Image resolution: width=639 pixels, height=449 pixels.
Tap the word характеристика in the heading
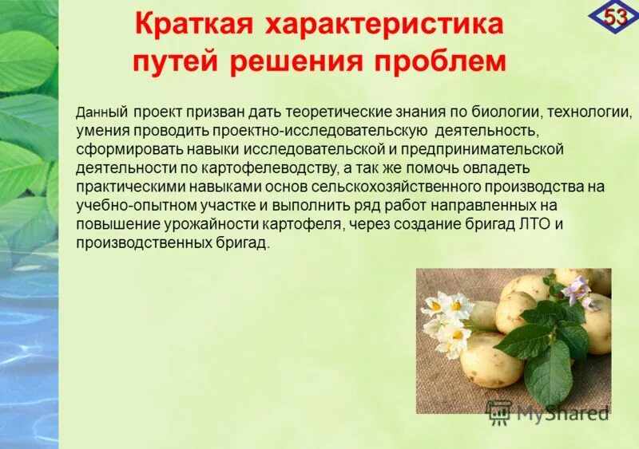(x=384, y=23)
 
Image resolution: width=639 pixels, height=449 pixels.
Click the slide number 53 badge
(x=613, y=16)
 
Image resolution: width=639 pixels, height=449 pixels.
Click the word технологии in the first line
(x=587, y=112)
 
